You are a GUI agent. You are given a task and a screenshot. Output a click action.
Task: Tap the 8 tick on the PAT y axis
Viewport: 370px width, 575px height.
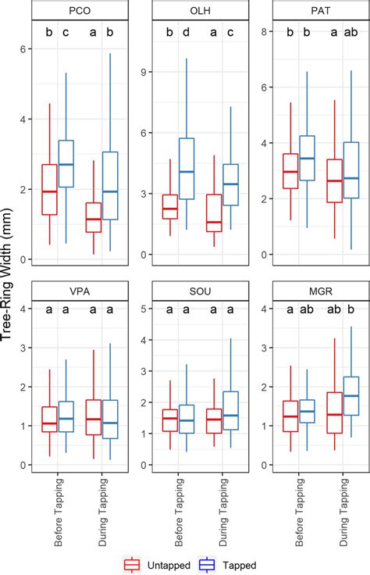tap(265, 32)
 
